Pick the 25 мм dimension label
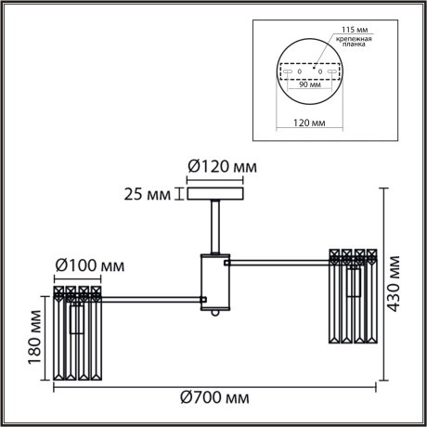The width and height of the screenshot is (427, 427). coord(147,195)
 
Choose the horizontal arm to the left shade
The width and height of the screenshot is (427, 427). coord(152,299)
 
